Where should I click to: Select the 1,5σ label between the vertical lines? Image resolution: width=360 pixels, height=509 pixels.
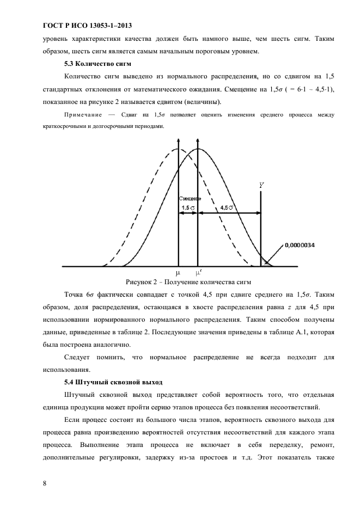[187, 207]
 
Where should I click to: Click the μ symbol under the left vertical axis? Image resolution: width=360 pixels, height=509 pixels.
[178, 272]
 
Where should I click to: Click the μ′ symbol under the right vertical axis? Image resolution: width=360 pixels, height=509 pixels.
[198, 272]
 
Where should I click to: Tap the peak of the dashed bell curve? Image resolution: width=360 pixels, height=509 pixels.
[178, 149]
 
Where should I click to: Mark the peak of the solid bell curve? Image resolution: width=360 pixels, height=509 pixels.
[198, 149]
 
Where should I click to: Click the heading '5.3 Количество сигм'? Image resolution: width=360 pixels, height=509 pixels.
[95, 64]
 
